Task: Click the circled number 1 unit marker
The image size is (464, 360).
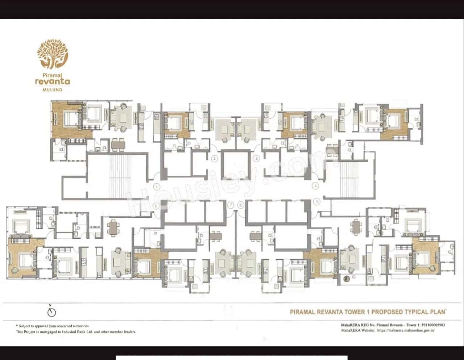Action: coord(157,187)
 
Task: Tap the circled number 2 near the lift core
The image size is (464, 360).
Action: coord(215,158)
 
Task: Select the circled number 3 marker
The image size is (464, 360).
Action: coord(257,158)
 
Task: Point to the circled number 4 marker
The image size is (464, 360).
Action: coord(315,186)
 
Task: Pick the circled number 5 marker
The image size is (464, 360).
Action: coord(317,201)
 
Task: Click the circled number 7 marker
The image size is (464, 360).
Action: coord(231,205)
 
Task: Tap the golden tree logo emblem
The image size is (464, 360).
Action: coord(53,54)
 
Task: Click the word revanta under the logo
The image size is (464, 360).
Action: coord(53,81)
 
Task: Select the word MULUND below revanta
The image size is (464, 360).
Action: coord(53,89)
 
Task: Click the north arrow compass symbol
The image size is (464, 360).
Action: coord(52,311)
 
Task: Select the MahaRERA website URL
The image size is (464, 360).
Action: coord(406,330)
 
